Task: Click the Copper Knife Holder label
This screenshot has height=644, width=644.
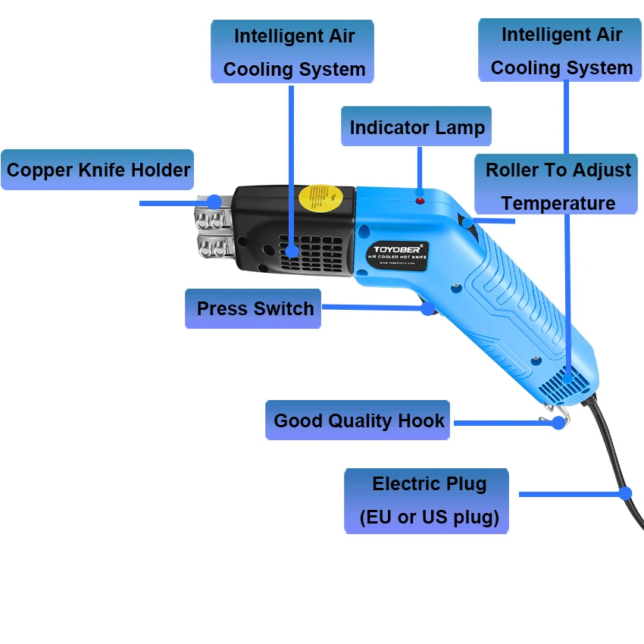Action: coord(97,169)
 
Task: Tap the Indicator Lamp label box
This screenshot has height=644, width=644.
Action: coord(417,127)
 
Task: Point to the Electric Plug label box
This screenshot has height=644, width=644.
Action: coord(427,500)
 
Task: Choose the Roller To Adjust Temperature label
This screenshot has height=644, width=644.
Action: coord(557,185)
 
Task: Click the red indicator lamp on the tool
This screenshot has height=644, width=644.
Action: coord(419,200)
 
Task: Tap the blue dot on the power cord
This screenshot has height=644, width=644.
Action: coord(625,493)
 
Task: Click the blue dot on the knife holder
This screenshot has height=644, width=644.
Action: coord(214,202)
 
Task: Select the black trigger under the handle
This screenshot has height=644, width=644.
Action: coord(426,308)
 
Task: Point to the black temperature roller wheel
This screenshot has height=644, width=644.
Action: coord(467,223)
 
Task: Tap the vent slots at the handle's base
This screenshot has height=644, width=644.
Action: coord(561,383)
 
